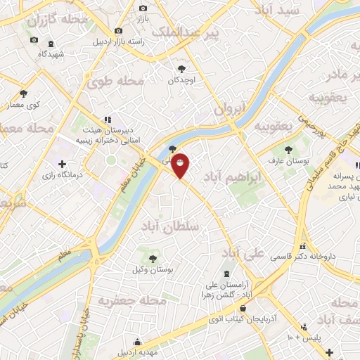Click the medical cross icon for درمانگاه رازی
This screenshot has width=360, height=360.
pos(63,164)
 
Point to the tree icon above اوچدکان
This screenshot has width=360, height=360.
pos(182,69)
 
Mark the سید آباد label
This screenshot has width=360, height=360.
pos(279,11)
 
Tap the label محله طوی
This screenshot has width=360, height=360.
pos(115,82)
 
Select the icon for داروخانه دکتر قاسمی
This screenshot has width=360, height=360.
pos(303,247)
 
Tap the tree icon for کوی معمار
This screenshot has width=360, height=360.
pos(23,94)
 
